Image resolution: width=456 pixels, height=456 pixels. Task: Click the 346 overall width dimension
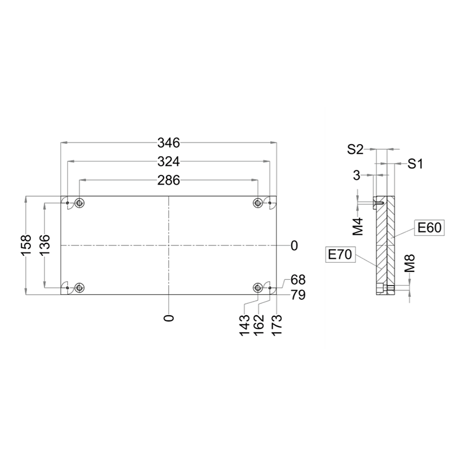169,143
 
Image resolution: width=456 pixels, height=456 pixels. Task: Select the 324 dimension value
169,161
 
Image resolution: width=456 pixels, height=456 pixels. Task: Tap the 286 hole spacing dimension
169,181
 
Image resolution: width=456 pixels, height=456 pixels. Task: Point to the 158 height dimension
26,245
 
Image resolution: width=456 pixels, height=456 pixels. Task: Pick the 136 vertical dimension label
45,245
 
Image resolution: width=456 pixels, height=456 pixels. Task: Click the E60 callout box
430,227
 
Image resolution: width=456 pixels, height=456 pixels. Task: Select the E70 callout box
340,255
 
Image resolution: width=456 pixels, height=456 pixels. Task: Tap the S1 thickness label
415,164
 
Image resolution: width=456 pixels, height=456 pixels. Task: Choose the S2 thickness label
355,150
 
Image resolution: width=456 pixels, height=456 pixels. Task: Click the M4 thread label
359,226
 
